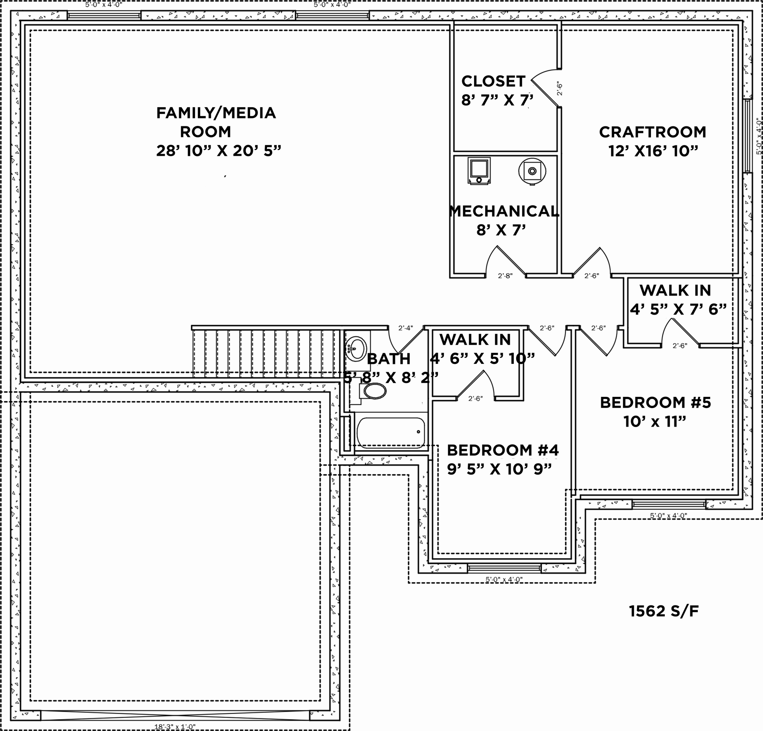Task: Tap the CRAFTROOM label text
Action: coord(653,132)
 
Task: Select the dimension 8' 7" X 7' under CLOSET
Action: coord(497,100)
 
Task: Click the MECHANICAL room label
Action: coord(504,211)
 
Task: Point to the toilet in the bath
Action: coord(374,391)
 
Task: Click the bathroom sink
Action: coord(356,348)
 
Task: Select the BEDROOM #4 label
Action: coord(503,450)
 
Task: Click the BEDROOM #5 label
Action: coord(655,402)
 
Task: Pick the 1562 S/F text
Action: coord(664,611)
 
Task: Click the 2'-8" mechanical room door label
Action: coord(505,276)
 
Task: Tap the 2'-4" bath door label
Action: coord(406,328)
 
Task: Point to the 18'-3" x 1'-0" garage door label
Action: coord(175,727)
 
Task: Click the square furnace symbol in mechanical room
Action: coord(479,170)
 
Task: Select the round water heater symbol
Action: coord(532,171)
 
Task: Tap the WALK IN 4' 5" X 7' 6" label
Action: coord(676,299)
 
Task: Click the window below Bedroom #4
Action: coord(504,569)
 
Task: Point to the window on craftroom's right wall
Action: coord(748,136)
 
